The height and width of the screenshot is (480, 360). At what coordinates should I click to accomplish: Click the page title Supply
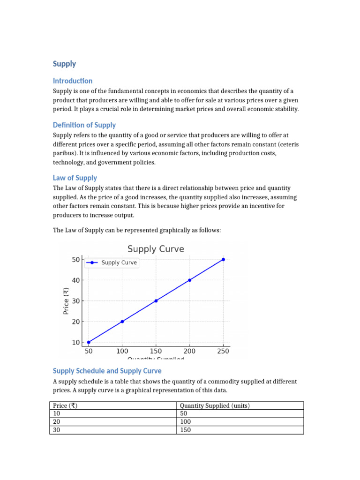point(64,64)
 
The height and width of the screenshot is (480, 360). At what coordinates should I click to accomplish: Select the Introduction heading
point(73,81)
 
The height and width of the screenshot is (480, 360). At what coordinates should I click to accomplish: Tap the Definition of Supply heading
point(84,125)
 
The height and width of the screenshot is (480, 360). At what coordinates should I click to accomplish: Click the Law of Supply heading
point(75,178)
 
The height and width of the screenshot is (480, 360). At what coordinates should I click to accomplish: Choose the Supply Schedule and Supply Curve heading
point(107,371)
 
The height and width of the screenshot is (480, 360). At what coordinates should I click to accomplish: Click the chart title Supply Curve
point(156,249)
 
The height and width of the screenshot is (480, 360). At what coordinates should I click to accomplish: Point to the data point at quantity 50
point(89,342)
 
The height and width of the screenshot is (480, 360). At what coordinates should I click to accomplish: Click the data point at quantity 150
point(156,300)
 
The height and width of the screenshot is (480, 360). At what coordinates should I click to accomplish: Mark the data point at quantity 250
point(223,259)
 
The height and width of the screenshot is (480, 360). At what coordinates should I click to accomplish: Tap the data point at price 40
point(189,280)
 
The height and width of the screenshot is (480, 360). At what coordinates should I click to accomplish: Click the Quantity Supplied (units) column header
point(215,406)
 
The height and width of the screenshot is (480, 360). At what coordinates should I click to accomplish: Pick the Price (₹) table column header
point(65,406)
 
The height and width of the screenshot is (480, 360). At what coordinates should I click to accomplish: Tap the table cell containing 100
point(186,422)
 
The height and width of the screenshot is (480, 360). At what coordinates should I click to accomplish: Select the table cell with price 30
point(57,430)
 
